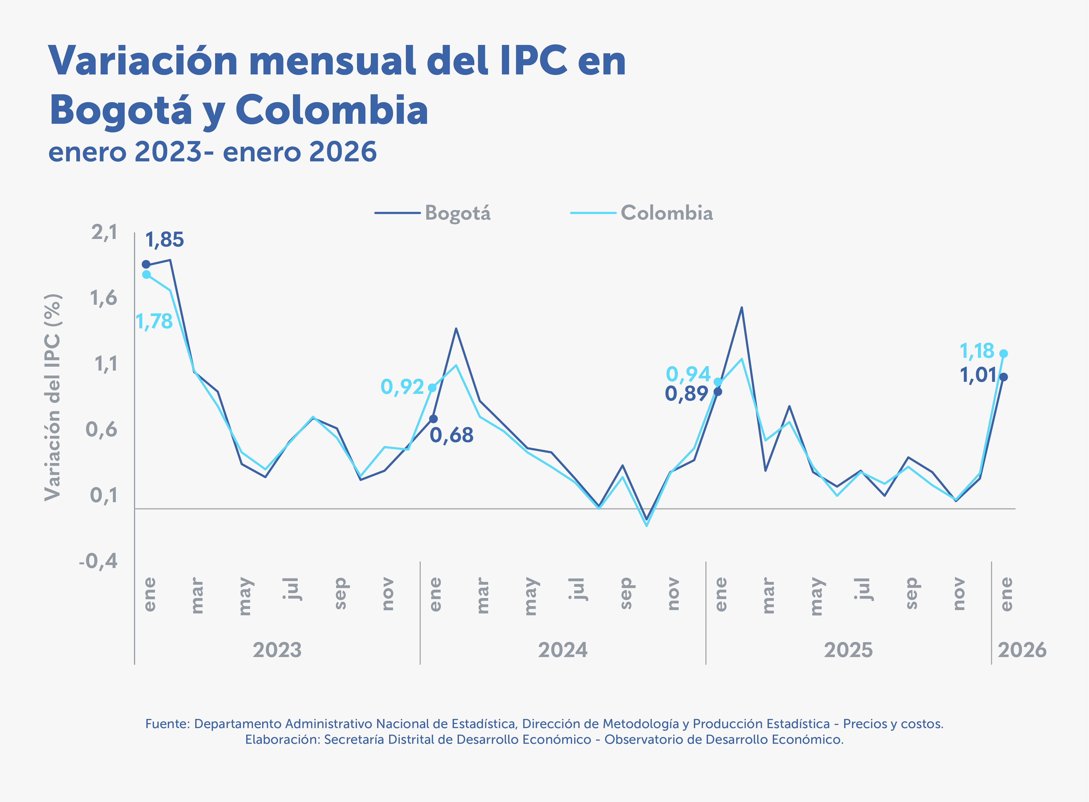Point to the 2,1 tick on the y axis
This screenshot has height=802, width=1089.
[105, 232]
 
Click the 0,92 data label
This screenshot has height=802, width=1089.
[402, 387]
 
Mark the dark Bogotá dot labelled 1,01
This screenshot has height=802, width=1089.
[1004, 377]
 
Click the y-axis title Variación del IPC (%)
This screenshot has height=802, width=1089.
[53, 397]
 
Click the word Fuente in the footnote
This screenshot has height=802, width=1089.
[167, 724]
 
